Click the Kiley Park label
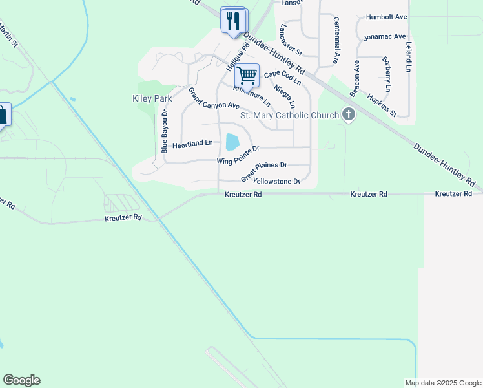click(152, 99)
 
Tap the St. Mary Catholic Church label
click(289, 116)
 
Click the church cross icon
click(349, 116)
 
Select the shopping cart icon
click(247, 75)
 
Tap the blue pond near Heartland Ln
click(231, 141)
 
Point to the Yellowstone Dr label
click(278, 182)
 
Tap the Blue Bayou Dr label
click(164, 131)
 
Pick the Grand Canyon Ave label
click(214, 98)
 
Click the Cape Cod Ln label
click(282, 78)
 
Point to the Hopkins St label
click(381, 104)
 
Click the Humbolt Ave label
click(386, 17)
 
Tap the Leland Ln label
click(408, 57)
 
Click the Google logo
click(21, 380)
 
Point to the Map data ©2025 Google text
click(442, 383)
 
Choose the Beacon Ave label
click(355, 80)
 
